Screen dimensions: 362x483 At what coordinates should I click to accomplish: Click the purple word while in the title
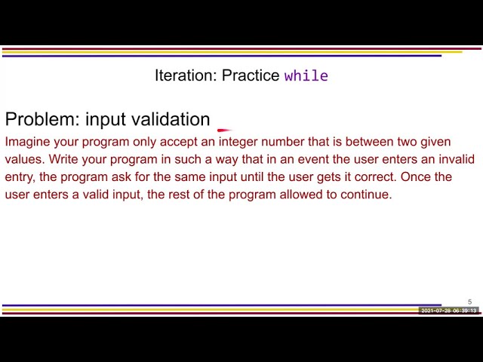click(306, 76)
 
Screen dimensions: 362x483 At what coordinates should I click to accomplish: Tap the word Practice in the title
click(251, 76)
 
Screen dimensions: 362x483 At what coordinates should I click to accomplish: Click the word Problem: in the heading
click(42, 119)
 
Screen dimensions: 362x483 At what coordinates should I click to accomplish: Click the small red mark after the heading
click(224, 130)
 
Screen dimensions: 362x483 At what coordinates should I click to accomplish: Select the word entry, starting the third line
click(20, 176)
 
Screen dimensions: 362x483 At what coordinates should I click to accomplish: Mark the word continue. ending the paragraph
click(366, 194)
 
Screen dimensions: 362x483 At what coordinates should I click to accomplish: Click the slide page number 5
click(469, 302)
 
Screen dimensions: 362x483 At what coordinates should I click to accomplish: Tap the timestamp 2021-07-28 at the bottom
click(435, 311)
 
